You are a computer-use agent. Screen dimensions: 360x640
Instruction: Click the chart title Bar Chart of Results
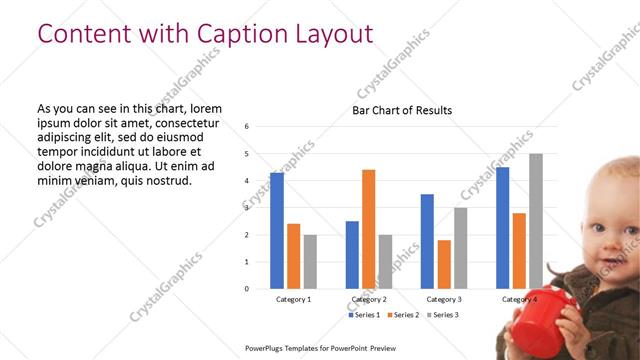coord(401,110)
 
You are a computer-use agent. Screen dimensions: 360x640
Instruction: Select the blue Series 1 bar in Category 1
coord(277,230)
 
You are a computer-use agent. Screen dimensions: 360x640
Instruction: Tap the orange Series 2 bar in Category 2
coord(368,229)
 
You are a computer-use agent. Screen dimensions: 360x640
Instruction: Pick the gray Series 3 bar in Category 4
coord(536,221)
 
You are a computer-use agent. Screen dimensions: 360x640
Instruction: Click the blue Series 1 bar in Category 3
coord(427,241)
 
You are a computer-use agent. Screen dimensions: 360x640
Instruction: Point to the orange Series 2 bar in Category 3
coord(444,264)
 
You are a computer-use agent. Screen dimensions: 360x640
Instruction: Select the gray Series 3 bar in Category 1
coord(310,261)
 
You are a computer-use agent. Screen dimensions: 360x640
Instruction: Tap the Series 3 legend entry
coord(443,315)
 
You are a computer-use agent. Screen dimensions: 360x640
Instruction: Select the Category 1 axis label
coord(293,299)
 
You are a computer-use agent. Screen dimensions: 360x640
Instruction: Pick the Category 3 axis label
coord(444,299)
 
